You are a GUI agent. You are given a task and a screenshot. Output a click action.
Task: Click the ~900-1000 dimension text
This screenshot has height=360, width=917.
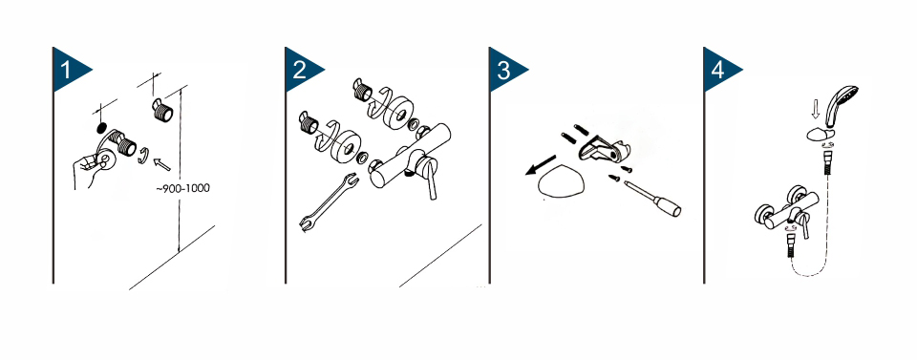pyautogui.click(x=182, y=188)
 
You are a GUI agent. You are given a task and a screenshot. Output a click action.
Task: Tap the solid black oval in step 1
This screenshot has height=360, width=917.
pyautogui.click(x=100, y=127)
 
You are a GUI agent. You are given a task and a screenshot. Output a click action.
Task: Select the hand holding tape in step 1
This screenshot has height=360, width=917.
pyautogui.click(x=89, y=169)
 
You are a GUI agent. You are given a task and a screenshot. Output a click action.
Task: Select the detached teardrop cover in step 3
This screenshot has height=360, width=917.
pyautogui.click(x=561, y=186)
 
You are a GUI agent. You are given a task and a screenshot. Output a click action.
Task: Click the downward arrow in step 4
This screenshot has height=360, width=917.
pyautogui.click(x=818, y=107)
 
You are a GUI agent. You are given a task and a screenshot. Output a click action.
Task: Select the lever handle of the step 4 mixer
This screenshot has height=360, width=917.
pyautogui.click(x=804, y=225)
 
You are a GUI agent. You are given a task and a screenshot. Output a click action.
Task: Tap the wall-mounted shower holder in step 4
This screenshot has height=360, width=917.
pyautogui.click(x=820, y=135)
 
